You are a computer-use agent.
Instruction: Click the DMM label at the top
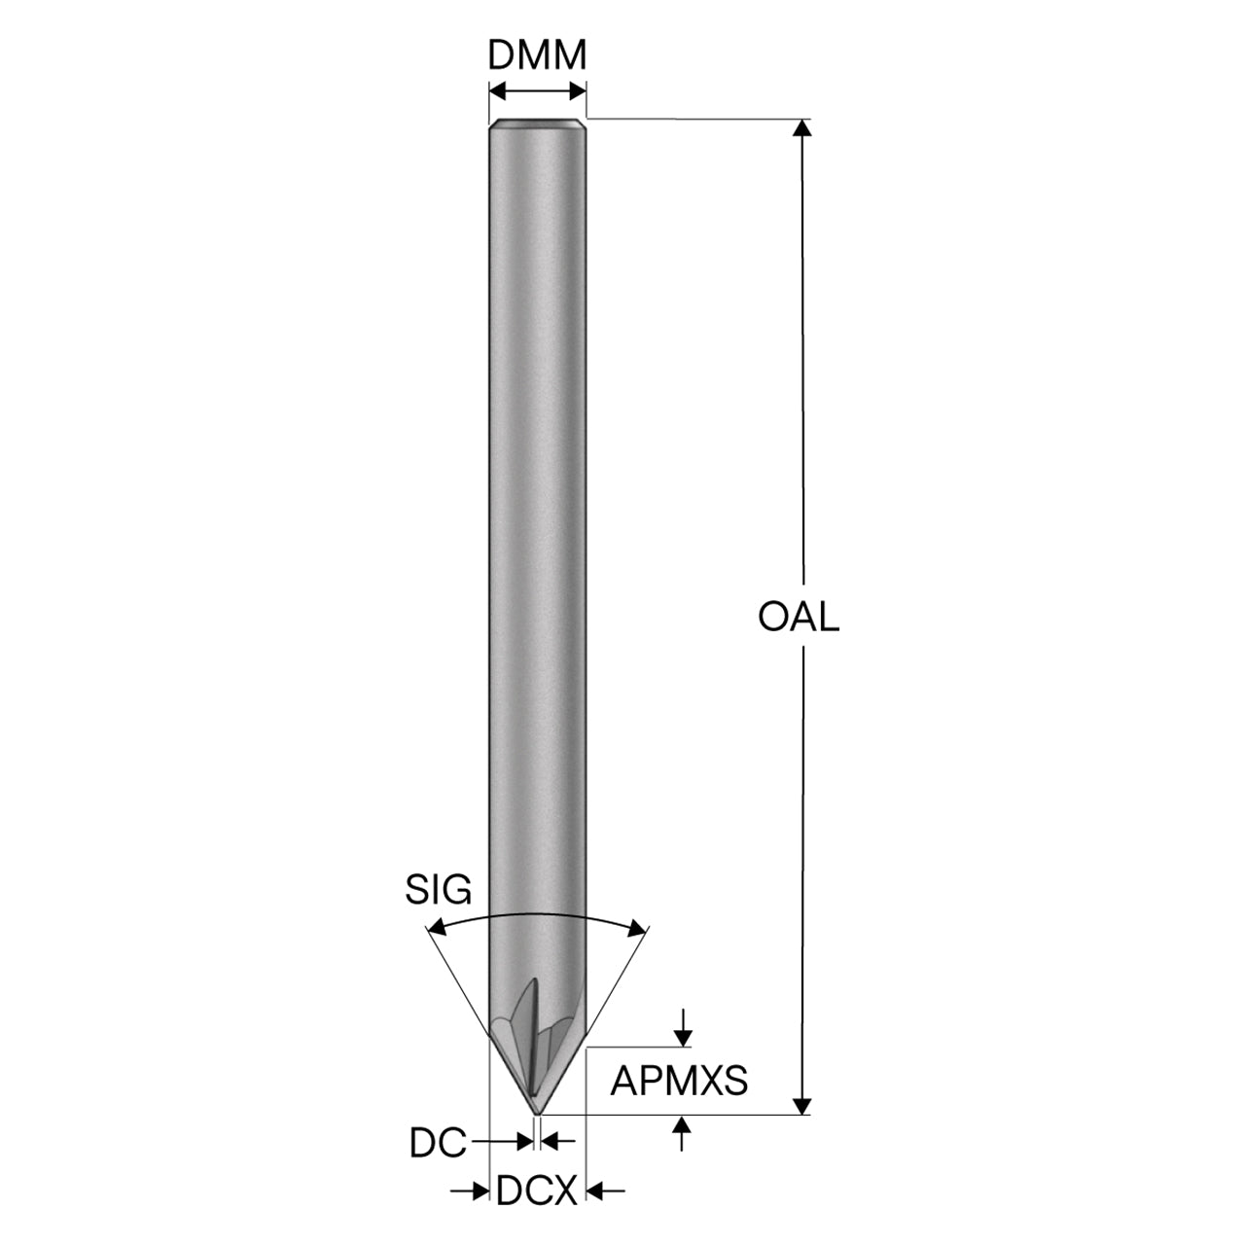(x=537, y=55)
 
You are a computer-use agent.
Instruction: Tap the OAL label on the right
(x=799, y=617)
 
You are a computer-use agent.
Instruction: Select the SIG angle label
(x=439, y=890)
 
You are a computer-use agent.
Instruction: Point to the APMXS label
(x=679, y=1081)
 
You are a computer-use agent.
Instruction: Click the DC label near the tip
(x=438, y=1144)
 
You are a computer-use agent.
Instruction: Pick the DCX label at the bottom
(x=536, y=1191)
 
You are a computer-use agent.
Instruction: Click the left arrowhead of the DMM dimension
(x=498, y=91)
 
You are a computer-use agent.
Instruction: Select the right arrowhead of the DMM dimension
(x=577, y=91)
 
